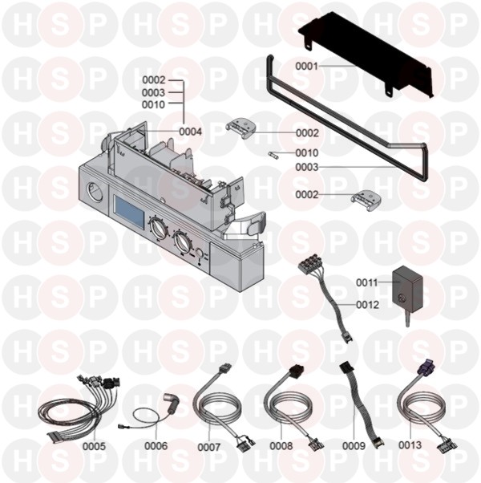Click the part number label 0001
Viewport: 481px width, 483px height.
(x=306, y=66)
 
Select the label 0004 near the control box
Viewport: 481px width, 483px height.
(x=191, y=132)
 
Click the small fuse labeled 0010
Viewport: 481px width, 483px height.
(x=273, y=155)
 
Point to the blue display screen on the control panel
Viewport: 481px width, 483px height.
(x=129, y=209)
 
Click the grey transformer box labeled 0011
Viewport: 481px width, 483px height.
(x=406, y=287)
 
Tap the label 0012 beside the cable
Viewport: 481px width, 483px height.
(x=367, y=305)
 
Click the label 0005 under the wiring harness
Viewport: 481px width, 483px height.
(x=94, y=446)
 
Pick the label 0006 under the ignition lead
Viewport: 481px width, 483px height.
(x=156, y=446)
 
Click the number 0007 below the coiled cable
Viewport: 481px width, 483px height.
(x=209, y=447)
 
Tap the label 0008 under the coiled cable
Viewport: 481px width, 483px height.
(x=281, y=446)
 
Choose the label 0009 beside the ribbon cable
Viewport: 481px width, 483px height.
(x=354, y=446)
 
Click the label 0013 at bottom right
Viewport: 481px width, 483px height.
(x=410, y=444)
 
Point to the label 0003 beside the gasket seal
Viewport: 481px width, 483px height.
(x=306, y=167)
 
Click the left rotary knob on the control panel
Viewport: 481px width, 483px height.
(x=158, y=228)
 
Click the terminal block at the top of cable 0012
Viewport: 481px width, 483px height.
(x=309, y=263)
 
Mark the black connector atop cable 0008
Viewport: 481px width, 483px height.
(x=297, y=369)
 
